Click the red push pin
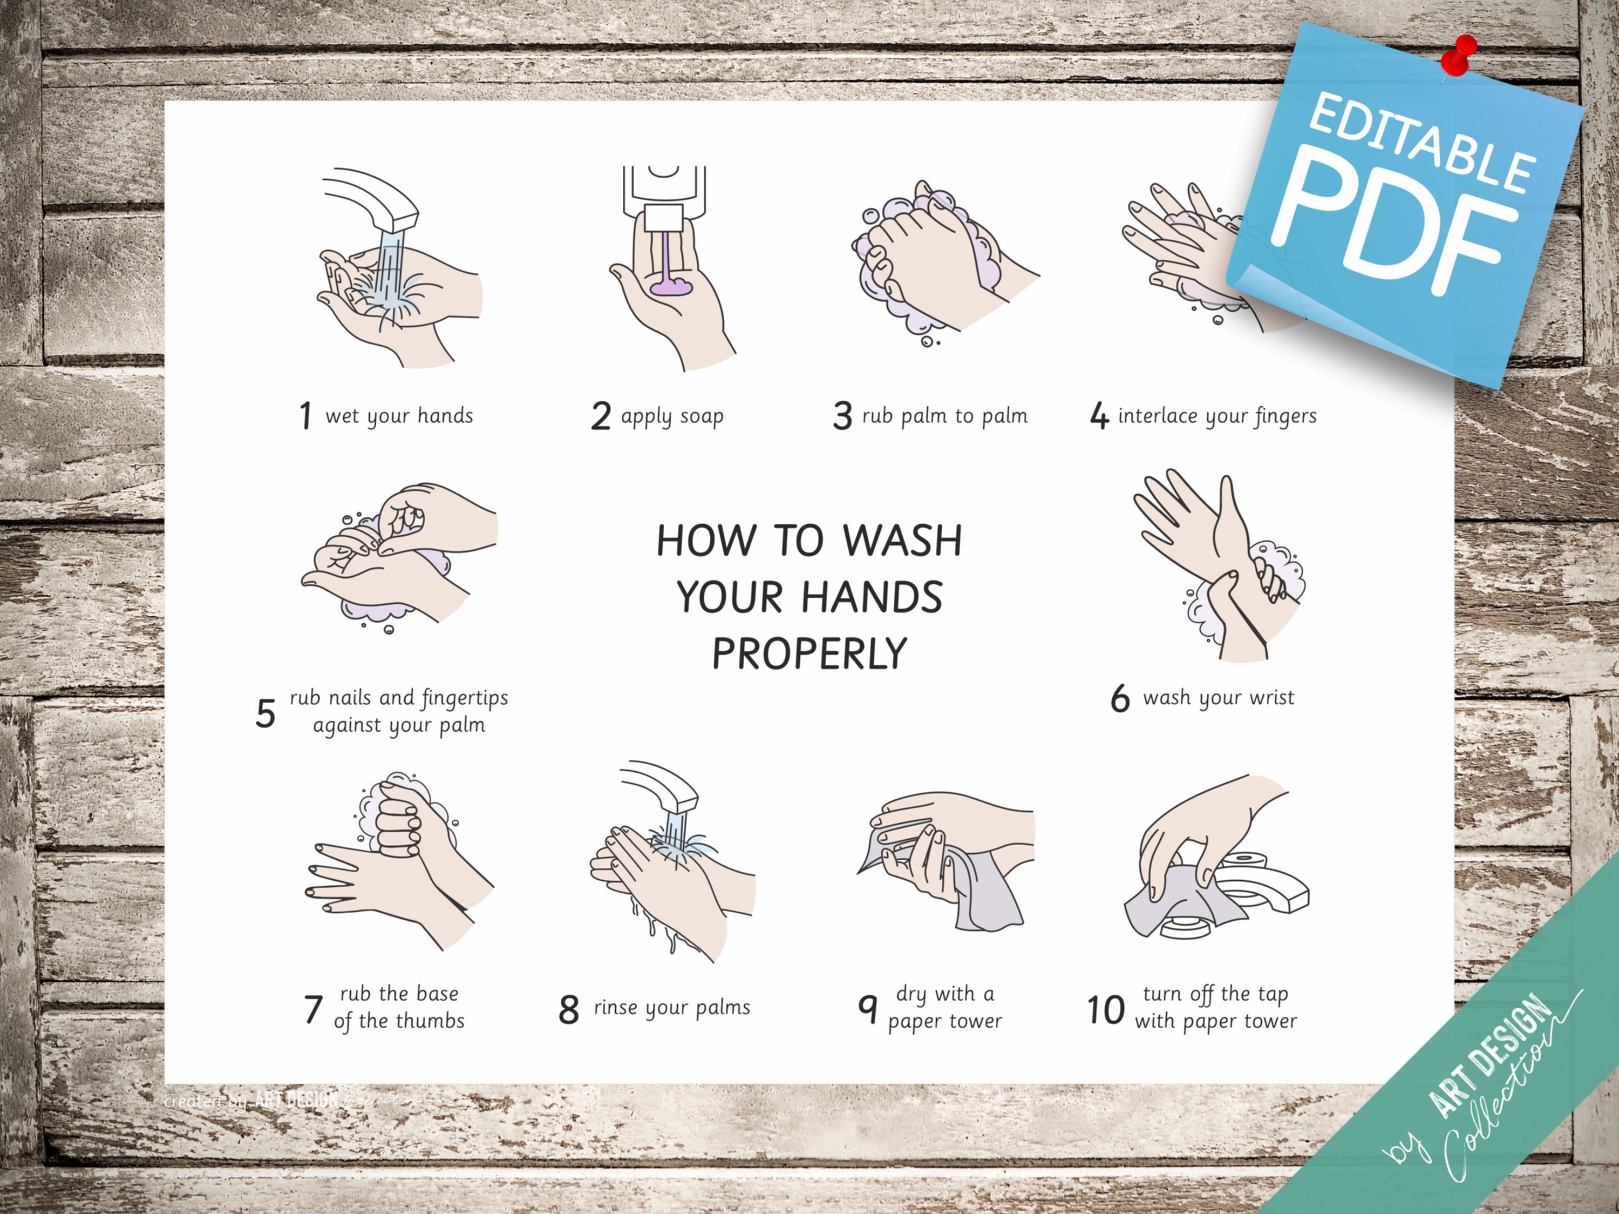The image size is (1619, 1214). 1461,55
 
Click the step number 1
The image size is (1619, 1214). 305,416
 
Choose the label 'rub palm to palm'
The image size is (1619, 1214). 944,416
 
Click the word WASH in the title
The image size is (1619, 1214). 902,541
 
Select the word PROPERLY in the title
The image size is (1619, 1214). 809,654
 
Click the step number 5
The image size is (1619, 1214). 265,713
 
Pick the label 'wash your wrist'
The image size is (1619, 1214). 1218,698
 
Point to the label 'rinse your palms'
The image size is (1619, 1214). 672,1008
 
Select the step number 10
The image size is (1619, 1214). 1105,1010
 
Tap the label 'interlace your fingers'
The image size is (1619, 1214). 1216,416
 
